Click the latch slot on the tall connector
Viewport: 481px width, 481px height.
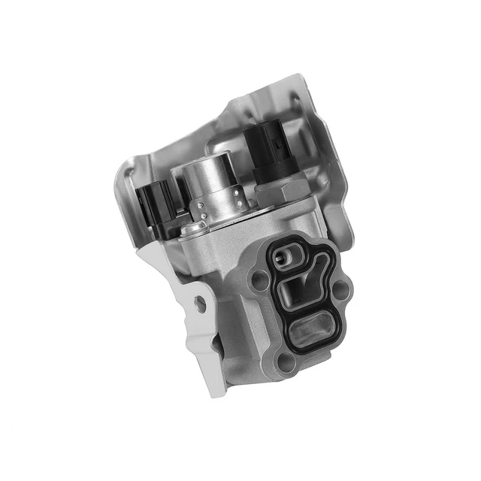tap(265, 143)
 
